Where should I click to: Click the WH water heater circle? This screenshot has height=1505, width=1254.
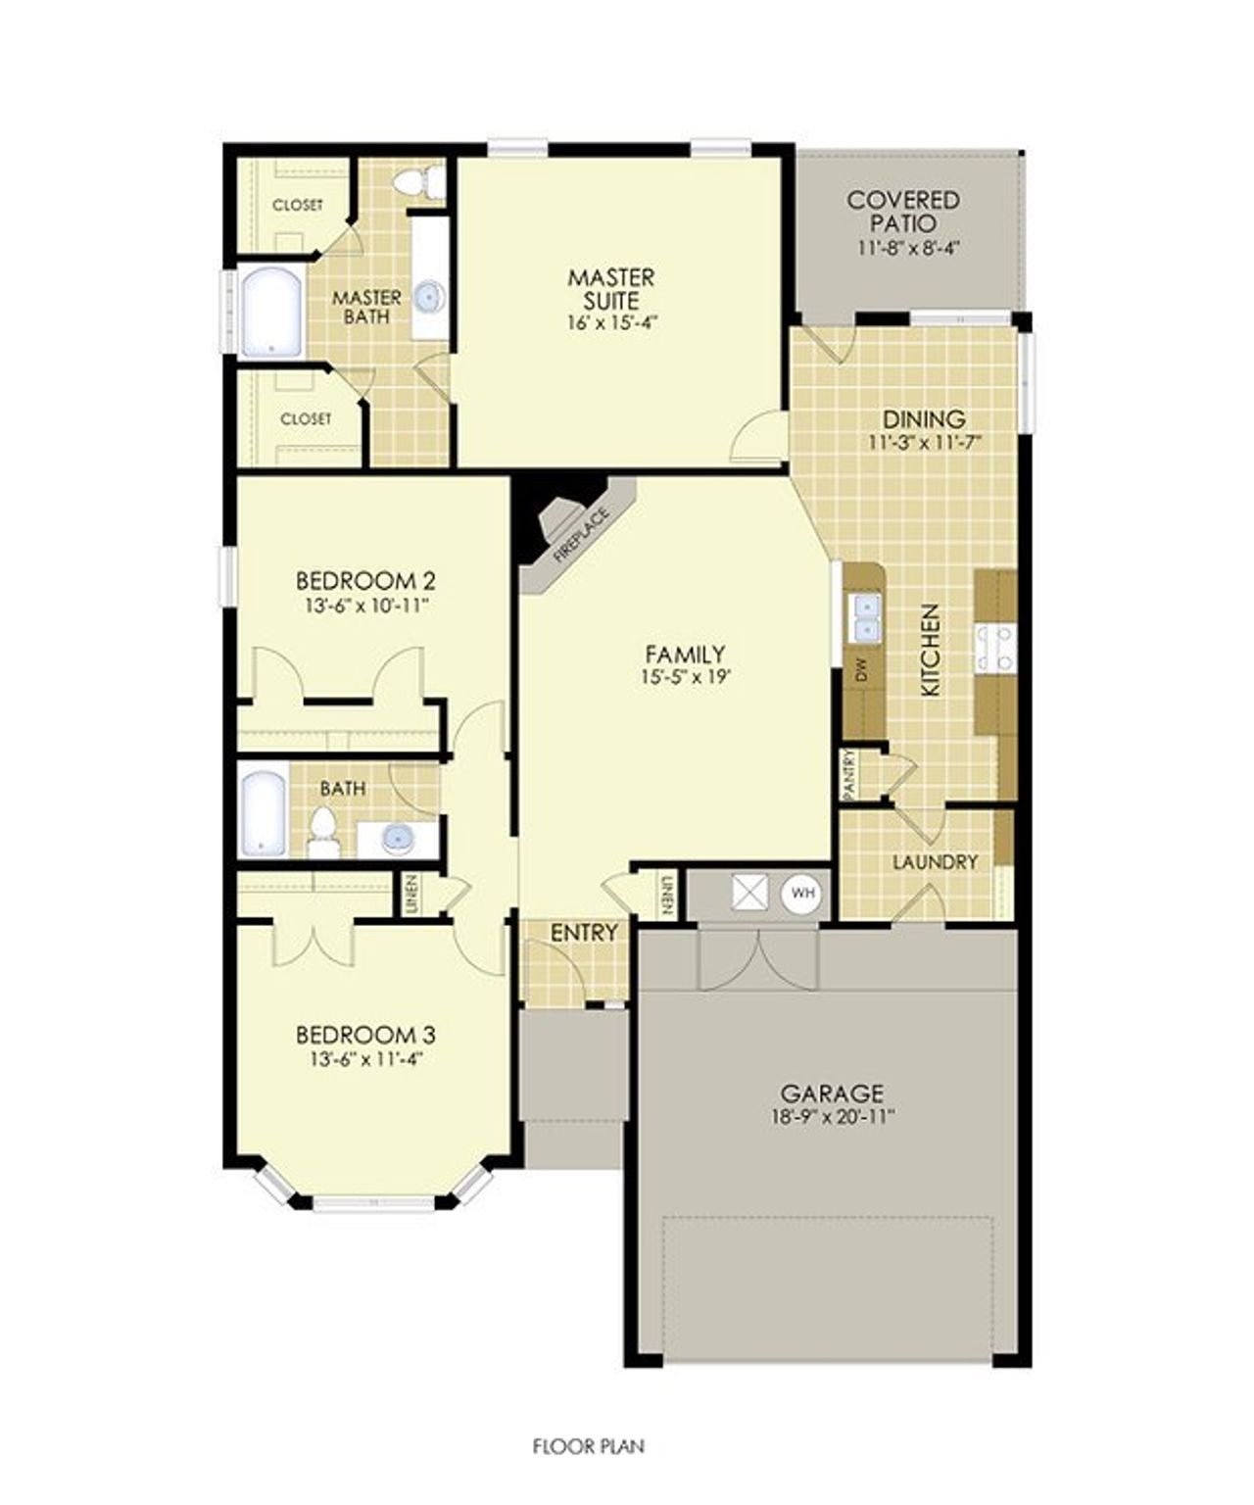[802, 893]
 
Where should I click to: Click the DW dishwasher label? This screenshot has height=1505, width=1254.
[862, 671]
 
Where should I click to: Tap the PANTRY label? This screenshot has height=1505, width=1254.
[848, 774]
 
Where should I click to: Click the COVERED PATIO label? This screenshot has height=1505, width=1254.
[903, 211]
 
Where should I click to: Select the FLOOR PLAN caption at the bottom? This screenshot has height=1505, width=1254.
[589, 1445]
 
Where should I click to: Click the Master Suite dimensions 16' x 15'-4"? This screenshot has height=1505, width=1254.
[611, 321]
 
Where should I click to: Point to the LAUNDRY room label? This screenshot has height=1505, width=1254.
[935, 862]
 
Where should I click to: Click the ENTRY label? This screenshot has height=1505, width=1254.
[584, 933]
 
